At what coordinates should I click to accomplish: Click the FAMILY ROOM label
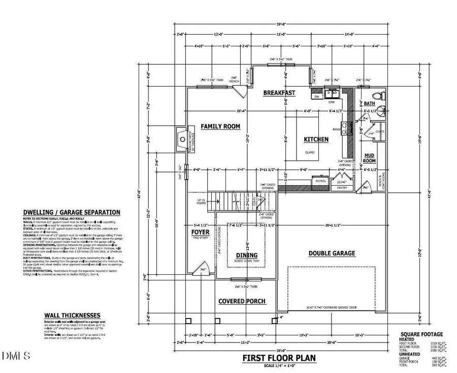coord(220,126)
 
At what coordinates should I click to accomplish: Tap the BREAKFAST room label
coord(279,93)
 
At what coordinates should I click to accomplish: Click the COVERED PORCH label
coord(242,301)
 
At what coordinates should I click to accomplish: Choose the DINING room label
coord(246,255)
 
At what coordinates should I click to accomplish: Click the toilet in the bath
coord(377,96)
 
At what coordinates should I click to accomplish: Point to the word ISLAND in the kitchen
coord(310,152)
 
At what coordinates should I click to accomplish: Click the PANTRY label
coord(338,188)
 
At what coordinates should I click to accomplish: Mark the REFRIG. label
coord(320,181)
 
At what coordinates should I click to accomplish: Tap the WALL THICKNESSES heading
coord(72,315)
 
